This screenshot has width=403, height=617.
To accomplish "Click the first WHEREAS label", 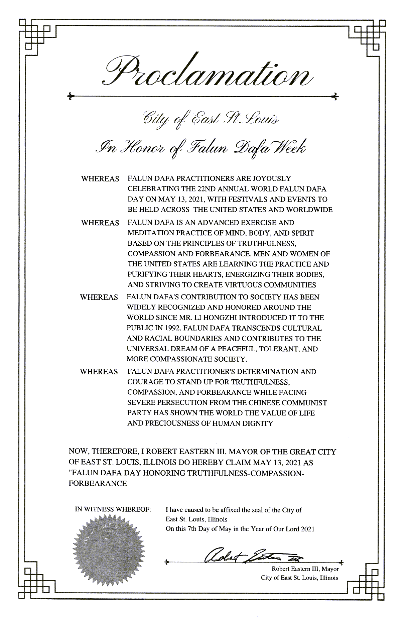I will (100, 179).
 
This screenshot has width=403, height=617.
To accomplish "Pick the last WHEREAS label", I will (99, 372).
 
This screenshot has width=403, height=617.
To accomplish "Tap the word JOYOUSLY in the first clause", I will (272, 179).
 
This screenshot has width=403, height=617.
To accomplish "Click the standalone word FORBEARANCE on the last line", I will (97, 483).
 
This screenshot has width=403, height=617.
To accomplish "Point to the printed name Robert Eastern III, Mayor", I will (305, 569).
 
